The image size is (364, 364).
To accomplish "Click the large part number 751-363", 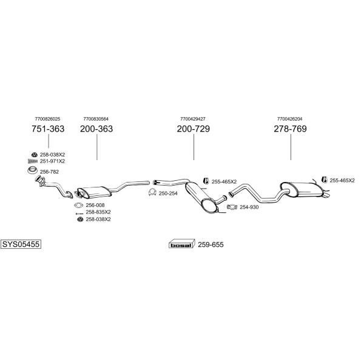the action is [x=48, y=129].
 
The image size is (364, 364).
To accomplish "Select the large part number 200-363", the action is [x=96, y=129].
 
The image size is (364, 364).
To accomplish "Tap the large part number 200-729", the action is [x=193, y=129].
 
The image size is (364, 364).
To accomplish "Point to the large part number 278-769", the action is [x=290, y=129].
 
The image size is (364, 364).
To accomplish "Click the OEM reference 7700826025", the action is [x=47, y=119].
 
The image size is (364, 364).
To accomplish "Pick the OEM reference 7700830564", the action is [x=96, y=119].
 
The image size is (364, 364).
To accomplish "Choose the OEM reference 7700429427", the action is [x=193, y=119].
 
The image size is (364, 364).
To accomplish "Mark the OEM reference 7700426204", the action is [x=290, y=119].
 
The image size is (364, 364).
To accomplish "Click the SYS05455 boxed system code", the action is [x=21, y=244].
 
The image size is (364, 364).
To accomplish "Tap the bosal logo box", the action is [x=181, y=244].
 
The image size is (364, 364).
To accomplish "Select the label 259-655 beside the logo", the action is [x=211, y=244].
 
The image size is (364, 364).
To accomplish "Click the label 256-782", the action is [x=49, y=172].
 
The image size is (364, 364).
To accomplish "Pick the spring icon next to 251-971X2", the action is [x=33, y=161].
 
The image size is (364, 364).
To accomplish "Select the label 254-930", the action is [x=249, y=207].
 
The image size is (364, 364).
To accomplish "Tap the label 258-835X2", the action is [x=98, y=212].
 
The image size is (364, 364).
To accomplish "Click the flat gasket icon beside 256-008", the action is [x=78, y=205].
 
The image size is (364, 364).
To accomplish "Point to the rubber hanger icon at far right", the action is [x=325, y=180].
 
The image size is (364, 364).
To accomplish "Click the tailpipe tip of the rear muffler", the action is [x=327, y=195].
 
